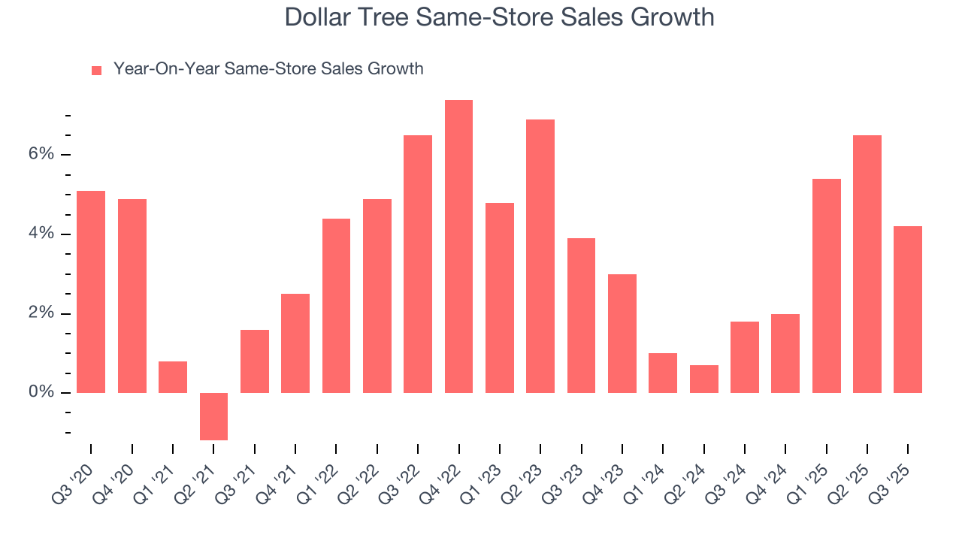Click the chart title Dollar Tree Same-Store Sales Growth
coord(499,17)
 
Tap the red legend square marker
coord(96,70)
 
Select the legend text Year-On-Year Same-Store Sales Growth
coord(268,69)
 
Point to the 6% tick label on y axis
coord(41,154)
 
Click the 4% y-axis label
coord(41,234)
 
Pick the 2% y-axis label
coord(41,313)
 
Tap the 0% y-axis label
coord(41,392)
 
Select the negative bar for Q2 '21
coord(213,416)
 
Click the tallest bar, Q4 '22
coord(458,246)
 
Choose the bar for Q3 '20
coord(91,292)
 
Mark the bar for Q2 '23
coord(540,256)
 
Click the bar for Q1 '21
coord(173,377)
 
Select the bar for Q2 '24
coord(704,379)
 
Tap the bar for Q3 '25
coord(908,310)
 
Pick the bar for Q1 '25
coord(826,286)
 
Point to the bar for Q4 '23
coord(622,334)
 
